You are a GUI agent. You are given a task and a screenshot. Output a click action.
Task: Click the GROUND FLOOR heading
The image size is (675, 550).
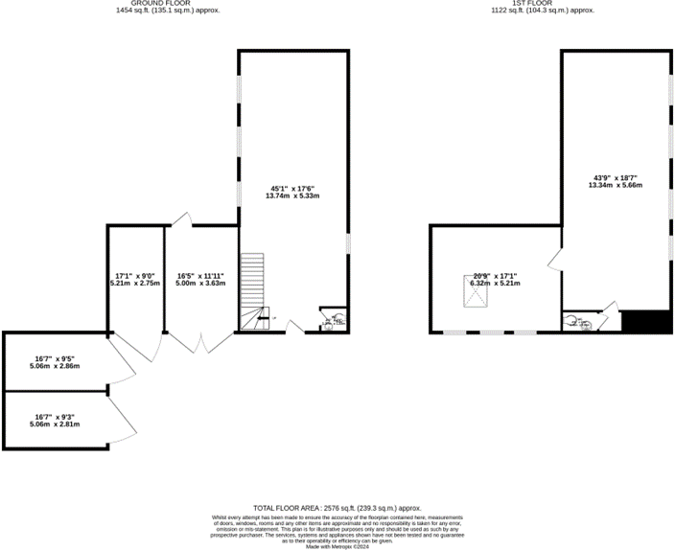158,4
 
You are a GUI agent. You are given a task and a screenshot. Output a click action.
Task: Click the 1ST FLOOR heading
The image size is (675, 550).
551,4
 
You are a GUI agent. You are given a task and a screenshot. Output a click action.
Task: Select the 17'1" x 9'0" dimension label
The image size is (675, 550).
134,280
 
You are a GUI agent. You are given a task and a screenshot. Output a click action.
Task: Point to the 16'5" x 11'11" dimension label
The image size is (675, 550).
201,280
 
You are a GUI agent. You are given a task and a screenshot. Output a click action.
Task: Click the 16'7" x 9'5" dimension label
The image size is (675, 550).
56,362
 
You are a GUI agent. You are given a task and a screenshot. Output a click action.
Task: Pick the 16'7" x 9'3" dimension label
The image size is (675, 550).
56,418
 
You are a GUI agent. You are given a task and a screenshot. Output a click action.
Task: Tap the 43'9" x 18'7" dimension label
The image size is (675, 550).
615,181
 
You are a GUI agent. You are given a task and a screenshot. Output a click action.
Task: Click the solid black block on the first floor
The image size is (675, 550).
645,321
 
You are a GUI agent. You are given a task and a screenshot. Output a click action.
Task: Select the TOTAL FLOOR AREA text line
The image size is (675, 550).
337,508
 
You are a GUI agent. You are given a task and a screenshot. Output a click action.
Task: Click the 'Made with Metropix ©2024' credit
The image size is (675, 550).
337,546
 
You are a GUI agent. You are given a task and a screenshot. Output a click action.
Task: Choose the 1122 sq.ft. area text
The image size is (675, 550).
551,11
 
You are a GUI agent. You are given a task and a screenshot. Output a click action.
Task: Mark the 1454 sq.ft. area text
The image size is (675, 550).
158,11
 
